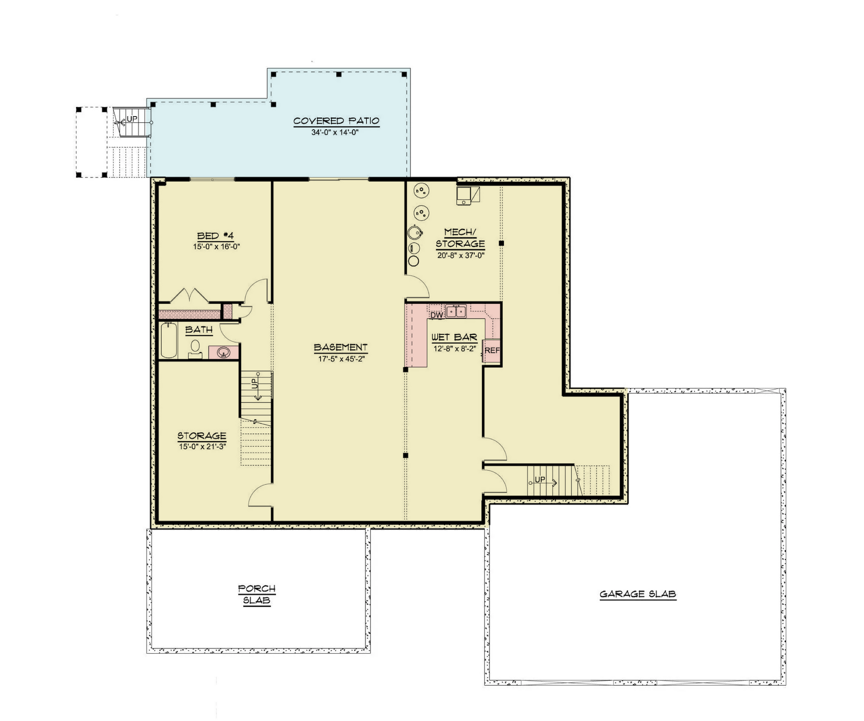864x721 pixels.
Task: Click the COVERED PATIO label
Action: click(x=336, y=121)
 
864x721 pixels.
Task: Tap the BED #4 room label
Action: click(x=216, y=236)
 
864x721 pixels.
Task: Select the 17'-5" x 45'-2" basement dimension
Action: click(x=341, y=359)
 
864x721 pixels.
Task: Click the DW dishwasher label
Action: click(x=436, y=315)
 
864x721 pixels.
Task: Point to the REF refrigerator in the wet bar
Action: click(x=492, y=351)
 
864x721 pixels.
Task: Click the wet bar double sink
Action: click(x=456, y=311)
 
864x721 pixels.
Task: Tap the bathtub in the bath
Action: click(x=168, y=340)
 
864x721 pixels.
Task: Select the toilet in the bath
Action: click(x=195, y=348)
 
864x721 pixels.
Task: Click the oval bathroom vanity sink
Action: click(x=223, y=353)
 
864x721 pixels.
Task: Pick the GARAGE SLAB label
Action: click(x=638, y=594)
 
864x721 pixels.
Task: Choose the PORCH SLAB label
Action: click(x=257, y=594)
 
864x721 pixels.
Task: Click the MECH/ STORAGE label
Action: click(x=460, y=238)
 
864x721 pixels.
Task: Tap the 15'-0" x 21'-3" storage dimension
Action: click(x=202, y=446)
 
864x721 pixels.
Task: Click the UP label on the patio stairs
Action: click(x=132, y=119)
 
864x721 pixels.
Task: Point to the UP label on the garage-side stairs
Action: click(x=540, y=480)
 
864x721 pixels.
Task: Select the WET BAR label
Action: click(x=454, y=337)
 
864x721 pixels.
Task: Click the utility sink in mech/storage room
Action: click(x=464, y=195)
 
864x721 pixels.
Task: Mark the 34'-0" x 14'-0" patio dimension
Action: click(x=335, y=133)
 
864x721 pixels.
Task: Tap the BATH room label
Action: click(x=199, y=330)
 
